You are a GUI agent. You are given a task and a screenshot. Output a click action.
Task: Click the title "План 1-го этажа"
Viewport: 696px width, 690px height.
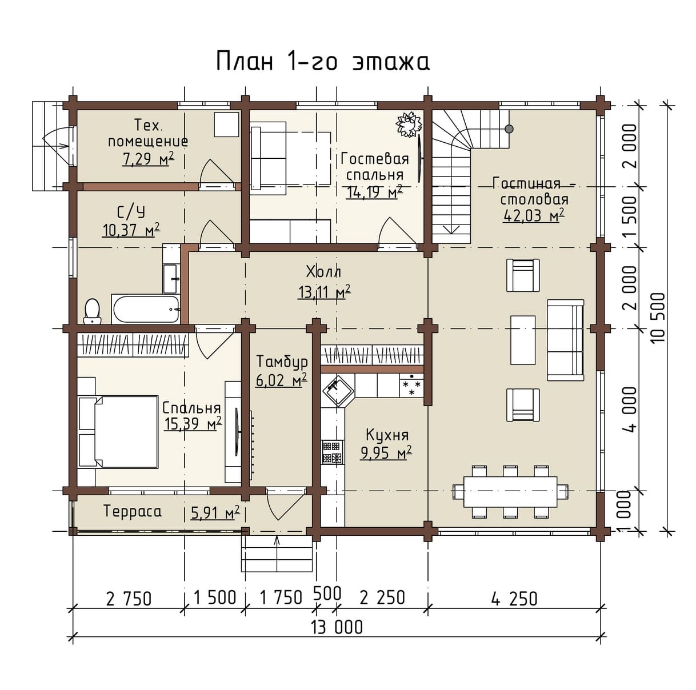point(322,61)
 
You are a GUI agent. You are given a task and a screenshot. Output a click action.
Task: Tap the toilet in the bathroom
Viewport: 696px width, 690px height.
point(93,311)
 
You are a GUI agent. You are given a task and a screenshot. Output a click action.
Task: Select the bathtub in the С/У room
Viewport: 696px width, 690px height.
point(146,308)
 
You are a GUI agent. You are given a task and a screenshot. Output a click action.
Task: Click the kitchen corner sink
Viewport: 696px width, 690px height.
point(337,390)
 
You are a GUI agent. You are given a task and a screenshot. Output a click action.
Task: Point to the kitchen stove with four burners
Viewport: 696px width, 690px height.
point(331,452)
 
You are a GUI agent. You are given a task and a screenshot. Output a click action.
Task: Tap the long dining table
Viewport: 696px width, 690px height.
point(510,492)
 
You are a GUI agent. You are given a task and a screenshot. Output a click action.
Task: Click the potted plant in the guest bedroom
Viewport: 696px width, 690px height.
point(409,124)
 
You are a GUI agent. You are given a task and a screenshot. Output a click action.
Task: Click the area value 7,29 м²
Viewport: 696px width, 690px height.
point(148,158)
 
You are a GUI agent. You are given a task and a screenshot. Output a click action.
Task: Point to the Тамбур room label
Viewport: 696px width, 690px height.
point(282,362)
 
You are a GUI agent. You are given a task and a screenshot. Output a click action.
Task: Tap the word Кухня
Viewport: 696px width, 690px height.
point(387,435)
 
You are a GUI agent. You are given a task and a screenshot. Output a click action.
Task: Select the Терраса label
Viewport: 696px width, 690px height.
point(133,511)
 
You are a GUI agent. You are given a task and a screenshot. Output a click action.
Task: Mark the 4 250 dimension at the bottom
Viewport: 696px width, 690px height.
point(514,598)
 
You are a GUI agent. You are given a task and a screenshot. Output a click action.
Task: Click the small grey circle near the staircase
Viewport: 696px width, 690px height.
point(509,129)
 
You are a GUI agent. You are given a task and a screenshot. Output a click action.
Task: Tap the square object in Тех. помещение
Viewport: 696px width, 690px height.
point(226,124)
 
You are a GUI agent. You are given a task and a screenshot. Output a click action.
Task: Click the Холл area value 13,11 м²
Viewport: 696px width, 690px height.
point(325,292)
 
